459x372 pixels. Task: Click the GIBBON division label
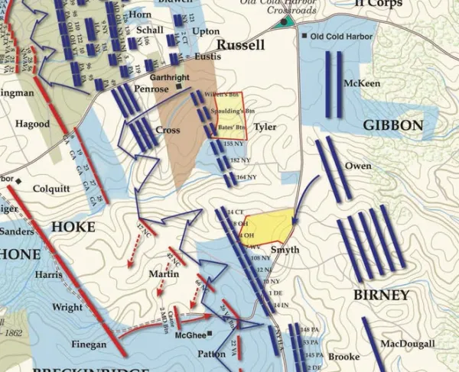pos(392,125)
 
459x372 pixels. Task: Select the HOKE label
pos(73,227)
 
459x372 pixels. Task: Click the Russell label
pos(240,45)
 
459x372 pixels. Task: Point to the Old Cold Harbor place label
pos(341,37)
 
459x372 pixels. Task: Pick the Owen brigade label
pos(358,166)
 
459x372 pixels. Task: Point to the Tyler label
pos(265,127)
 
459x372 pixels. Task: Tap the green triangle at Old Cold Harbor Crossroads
pos(285,21)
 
